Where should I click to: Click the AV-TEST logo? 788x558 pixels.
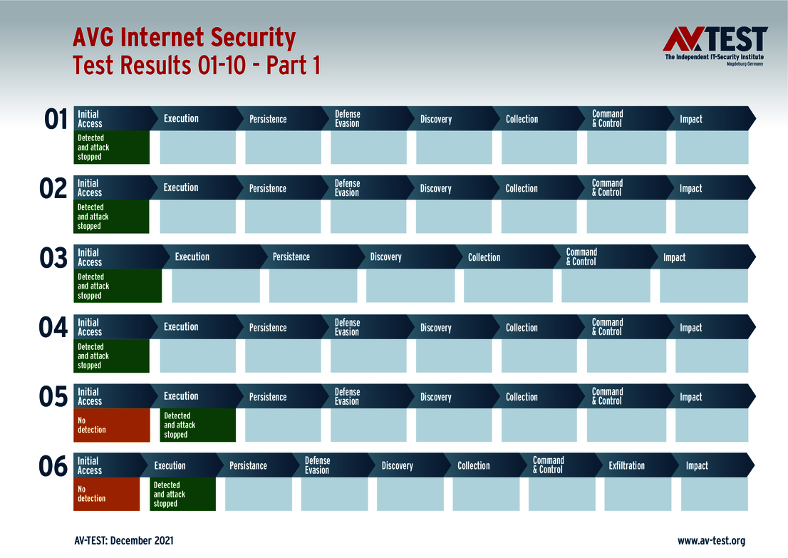click(715, 46)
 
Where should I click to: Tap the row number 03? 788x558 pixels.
click(53, 259)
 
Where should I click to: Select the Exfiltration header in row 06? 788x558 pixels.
click(627, 465)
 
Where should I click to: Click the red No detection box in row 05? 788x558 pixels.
click(112, 425)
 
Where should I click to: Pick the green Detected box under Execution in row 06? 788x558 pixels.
click(182, 494)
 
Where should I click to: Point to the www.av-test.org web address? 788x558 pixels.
click(711, 541)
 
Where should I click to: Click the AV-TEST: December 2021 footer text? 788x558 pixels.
click(124, 541)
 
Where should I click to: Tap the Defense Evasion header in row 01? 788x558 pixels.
click(347, 118)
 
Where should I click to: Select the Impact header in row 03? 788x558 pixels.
click(674, 257)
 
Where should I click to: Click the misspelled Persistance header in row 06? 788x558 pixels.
click(248, 465)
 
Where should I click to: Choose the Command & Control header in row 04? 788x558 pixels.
click(607, 327)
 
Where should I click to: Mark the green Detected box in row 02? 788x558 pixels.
click(111, 217)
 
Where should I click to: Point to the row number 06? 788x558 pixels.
click(53, 467)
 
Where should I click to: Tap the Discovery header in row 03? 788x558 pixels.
click(386, 257)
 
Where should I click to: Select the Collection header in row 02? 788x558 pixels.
click(522, 189)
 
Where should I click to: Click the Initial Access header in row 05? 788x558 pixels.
click(90, 396)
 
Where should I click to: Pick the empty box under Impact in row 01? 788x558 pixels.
click(712, 148)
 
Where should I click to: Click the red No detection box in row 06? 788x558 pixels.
click(107, 494)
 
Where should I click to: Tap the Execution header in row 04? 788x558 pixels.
click(181, 327)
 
